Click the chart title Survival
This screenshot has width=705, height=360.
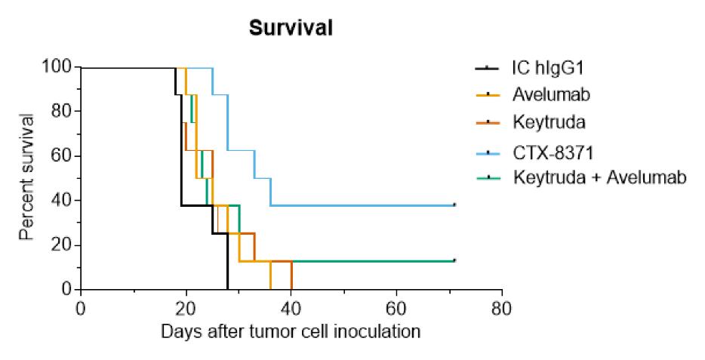pos(291,28)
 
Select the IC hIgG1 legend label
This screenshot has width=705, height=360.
pos(548,69)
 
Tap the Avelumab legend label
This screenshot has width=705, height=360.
pos(551,95)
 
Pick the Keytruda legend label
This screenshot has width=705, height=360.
pos(549,122)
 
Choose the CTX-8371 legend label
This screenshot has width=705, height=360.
pos(553,152)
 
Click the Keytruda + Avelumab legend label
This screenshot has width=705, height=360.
pos(600,177)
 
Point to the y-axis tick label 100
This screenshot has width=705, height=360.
pos(57,67)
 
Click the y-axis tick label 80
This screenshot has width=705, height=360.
pos(62,111)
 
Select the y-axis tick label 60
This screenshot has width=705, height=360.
pos(62,156)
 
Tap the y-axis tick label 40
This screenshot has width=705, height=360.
pos(62,200)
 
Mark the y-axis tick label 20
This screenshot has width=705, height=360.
pos(62,245)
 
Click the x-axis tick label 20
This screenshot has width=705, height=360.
pos(186,309)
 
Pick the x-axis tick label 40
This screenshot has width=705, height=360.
pos(291,309)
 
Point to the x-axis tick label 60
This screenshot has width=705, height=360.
pos(396,309)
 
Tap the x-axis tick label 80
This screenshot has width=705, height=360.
pos(502,309)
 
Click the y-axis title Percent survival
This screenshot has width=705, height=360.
pos(27,177)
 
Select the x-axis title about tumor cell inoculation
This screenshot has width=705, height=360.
pos(291,332)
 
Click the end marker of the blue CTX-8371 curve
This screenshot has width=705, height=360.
pos(454,205)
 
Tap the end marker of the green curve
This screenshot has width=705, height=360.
pos(454,260)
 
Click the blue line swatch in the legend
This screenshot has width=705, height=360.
pos(488,153)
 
